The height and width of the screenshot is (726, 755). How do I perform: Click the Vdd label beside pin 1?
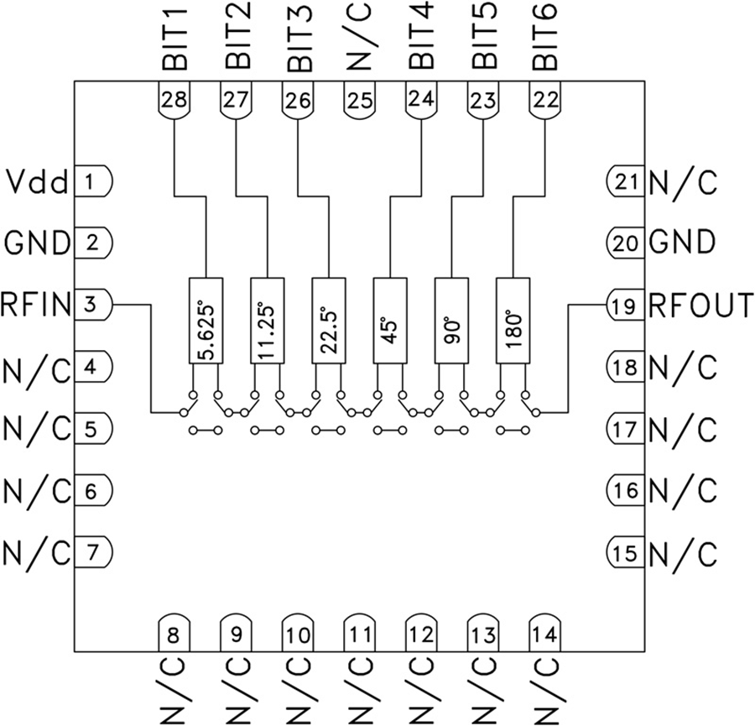(36, 180)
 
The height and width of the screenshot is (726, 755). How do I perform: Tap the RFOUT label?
(700, 306)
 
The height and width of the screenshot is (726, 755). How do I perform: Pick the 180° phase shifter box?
(513, 321)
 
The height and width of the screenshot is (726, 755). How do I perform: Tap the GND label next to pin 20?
(681, 243)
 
